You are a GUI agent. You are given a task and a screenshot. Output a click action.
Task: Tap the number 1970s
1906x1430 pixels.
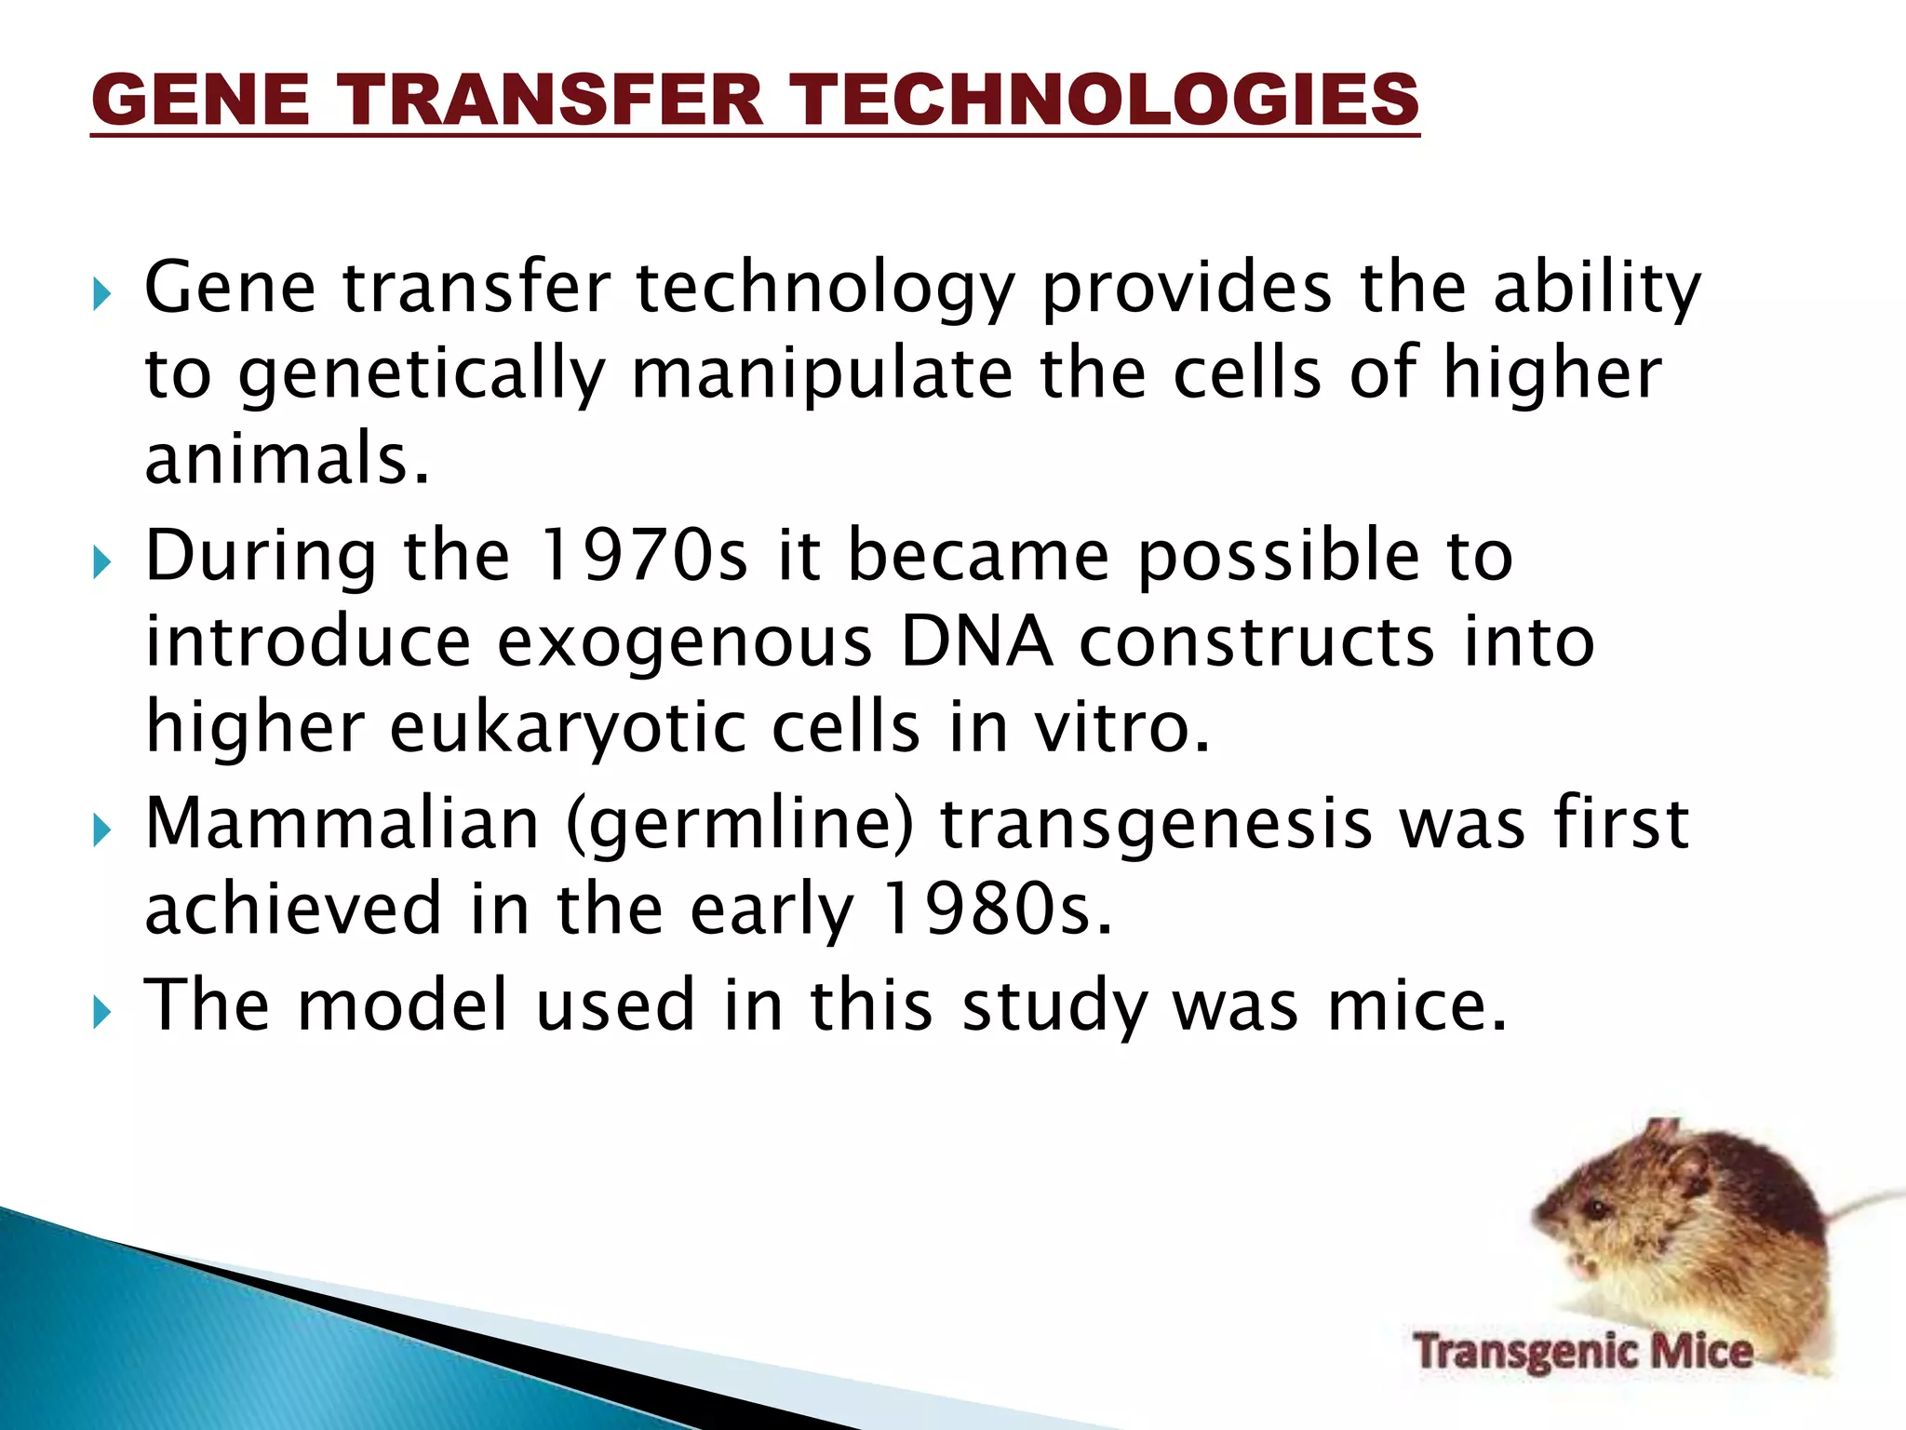coord(642,556)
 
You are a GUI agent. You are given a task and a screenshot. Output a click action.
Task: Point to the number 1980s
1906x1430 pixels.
coord(994,910)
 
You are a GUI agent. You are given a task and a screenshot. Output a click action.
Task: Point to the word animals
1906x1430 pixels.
coord(287,459)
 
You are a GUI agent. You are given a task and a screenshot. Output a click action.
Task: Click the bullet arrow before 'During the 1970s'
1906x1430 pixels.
coord(101,561)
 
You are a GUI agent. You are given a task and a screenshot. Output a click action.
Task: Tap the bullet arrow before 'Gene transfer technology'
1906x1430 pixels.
coord(101,295)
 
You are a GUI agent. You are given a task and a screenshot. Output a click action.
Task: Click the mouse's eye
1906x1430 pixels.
coord(1597,1210)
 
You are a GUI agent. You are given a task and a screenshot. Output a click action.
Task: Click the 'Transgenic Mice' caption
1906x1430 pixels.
coord(1583,1352)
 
